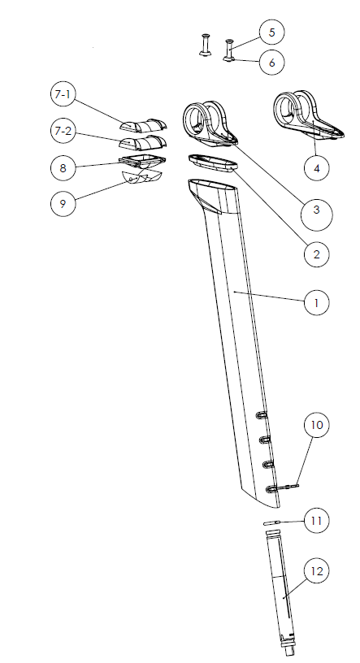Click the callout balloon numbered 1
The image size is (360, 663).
(316, 302)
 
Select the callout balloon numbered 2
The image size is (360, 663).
(316, 253)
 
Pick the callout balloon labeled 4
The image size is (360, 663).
(316, 168)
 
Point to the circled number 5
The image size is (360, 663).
(271, 32)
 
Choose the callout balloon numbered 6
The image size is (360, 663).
(271, 62)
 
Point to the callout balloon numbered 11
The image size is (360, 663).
(316, 519)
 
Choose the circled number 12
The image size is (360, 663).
(316, 572)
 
